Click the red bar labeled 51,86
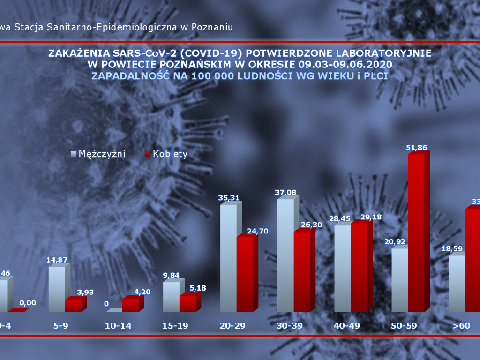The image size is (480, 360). coord(416,232)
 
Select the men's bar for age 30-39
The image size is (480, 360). coord(285,255)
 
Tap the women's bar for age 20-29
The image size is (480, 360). coord(245,274)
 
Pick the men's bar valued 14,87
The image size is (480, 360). coord(57,289)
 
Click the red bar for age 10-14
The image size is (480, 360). coord(130,305)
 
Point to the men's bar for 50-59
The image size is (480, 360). coord(400,280)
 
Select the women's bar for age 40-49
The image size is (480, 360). coord(359,267)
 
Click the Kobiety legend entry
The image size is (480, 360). coord(166,154)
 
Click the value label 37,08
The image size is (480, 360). coord(286,192)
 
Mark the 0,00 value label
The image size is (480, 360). coord(27,303)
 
